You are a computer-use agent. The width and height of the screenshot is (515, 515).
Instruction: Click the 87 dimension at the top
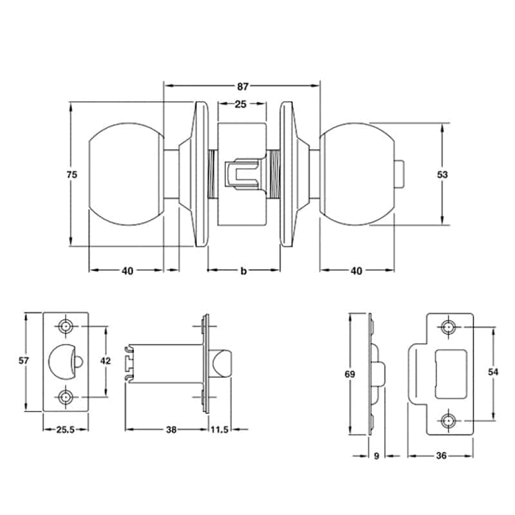(243, 87)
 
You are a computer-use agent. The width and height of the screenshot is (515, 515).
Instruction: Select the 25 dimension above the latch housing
(240, 104)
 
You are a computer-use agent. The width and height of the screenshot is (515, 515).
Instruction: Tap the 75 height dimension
(72, 174)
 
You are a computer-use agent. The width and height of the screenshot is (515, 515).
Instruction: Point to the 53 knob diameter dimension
(442, 174)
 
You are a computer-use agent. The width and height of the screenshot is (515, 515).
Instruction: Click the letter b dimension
(243, 271)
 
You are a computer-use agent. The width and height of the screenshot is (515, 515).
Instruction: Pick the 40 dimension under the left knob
(127, 271)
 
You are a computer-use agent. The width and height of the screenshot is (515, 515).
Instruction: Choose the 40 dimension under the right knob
(357, 271)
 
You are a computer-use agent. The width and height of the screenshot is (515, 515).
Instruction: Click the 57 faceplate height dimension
(24, 360)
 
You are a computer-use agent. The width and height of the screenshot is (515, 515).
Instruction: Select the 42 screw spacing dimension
(105, 361)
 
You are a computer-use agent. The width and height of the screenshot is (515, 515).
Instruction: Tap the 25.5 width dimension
(66, 429)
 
